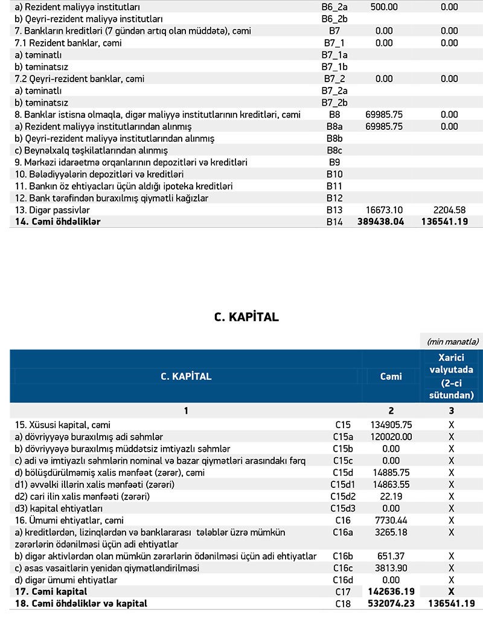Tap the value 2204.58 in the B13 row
450,210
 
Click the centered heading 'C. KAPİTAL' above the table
246,317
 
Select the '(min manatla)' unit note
452,342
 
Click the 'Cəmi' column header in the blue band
391,376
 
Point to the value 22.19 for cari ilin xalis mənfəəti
401,496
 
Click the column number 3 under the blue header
451,411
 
